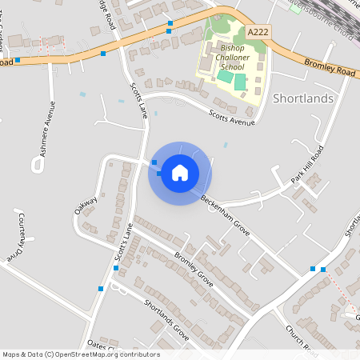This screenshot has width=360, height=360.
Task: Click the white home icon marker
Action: pos(180,173)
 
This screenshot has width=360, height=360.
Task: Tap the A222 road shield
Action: pos(258,31)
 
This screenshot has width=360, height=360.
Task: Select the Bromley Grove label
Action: pos(193,270)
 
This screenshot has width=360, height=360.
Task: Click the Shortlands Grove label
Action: pos(166,320)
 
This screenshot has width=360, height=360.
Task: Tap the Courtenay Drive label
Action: pos(18,238)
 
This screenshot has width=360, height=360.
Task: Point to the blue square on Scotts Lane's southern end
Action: pos(100,288)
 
